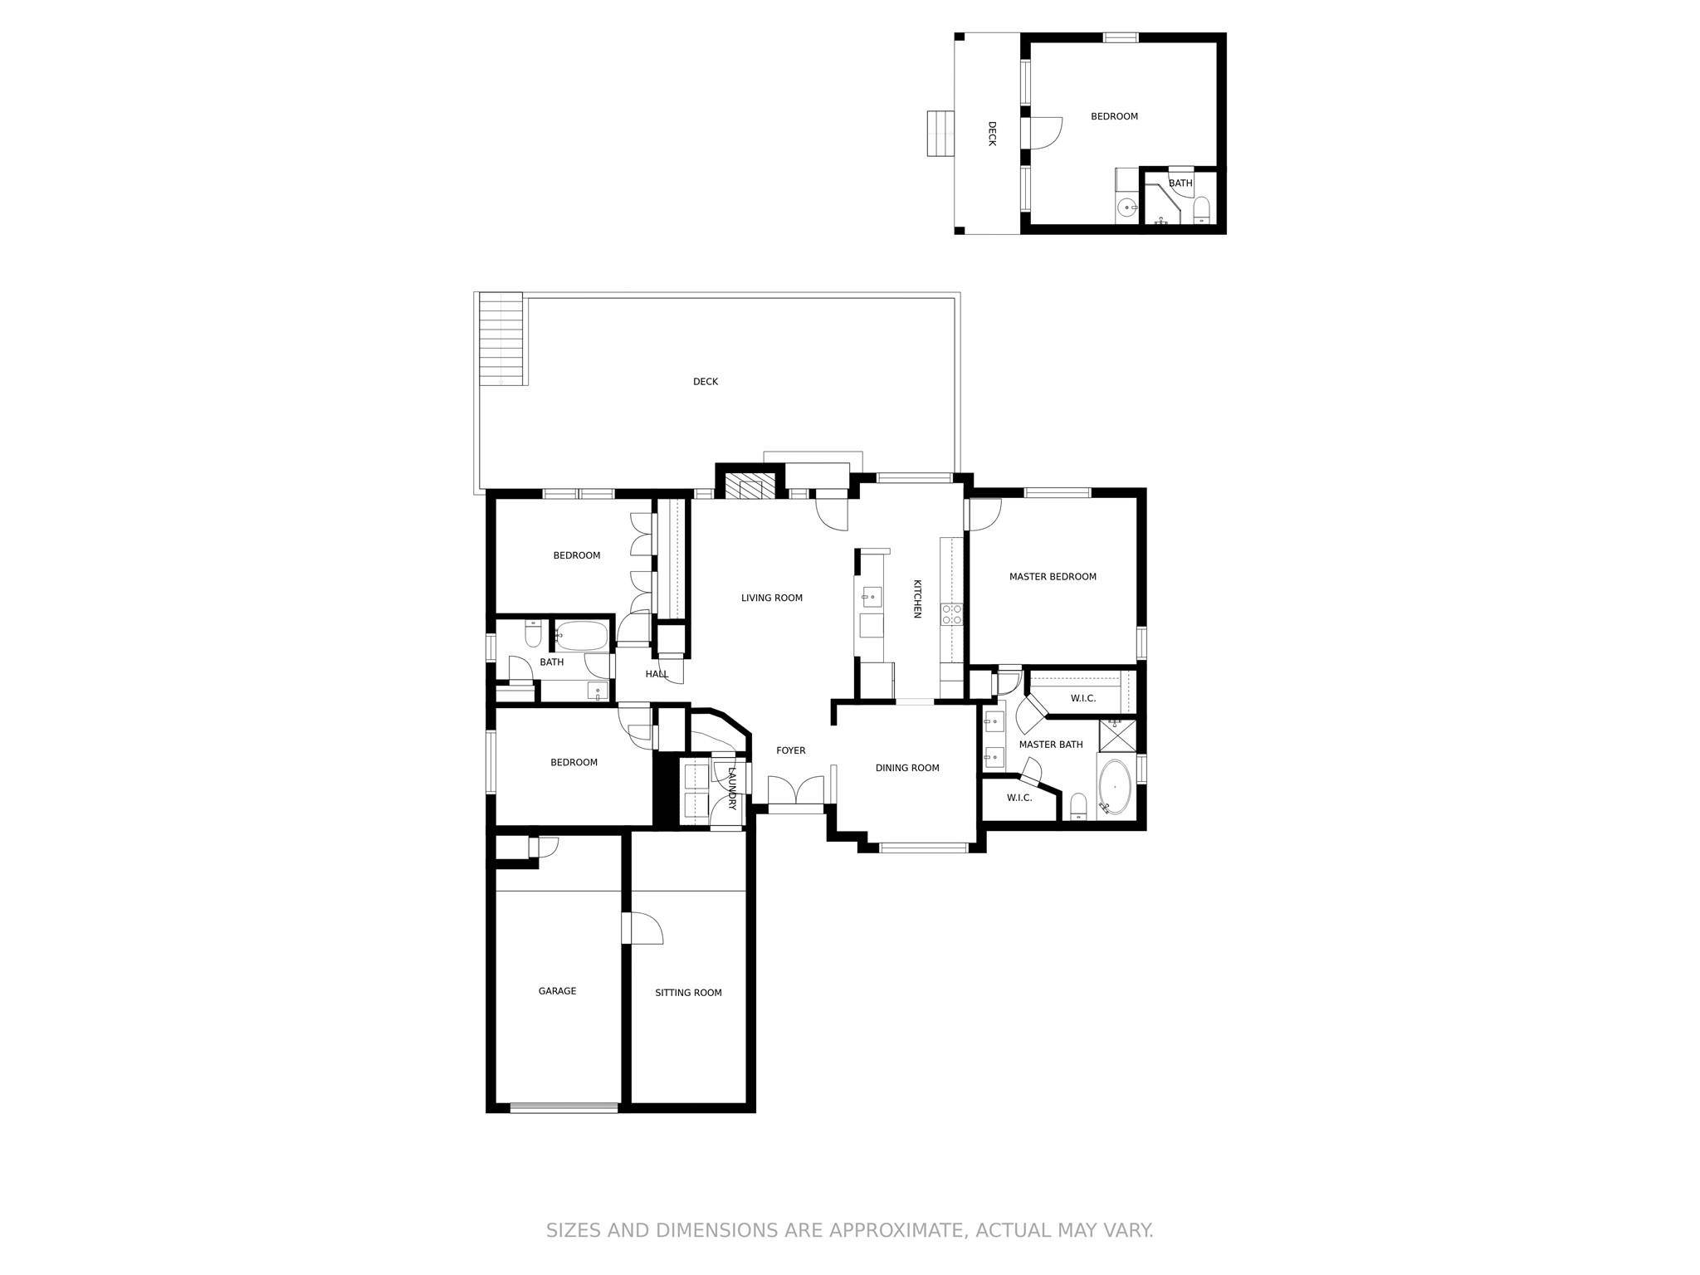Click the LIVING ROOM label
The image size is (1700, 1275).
(771, 598)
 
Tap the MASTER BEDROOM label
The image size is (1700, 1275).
(1053, 577)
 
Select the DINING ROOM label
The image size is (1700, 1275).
(907, 768)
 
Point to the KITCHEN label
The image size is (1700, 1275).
(917, 598)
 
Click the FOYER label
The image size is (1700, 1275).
(790, 750)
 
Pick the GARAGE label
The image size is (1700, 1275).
(557, 991)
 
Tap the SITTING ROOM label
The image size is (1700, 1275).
(688, 993)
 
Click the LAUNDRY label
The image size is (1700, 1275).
(732, 788)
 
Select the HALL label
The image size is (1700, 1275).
(657, 674)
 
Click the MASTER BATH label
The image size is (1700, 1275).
(1051, 745)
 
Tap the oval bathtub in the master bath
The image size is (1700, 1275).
(1115, 786)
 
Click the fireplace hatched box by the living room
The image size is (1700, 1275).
(750, 486)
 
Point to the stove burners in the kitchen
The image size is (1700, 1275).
(951, 614)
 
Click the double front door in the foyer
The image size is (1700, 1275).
(795, 791)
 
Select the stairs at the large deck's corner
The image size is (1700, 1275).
(501, 339)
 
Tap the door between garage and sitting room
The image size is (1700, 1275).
(642, 928)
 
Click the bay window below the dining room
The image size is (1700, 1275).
(923, 848)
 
